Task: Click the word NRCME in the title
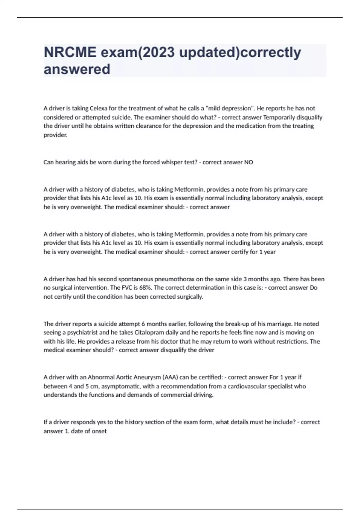click(x=70, y=52)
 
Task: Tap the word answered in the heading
click(x=77, y=69)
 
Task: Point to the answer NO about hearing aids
click(x=248, y=162)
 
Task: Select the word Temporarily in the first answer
click(x=277, y=117)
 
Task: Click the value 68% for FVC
click(x=146, y=288)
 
